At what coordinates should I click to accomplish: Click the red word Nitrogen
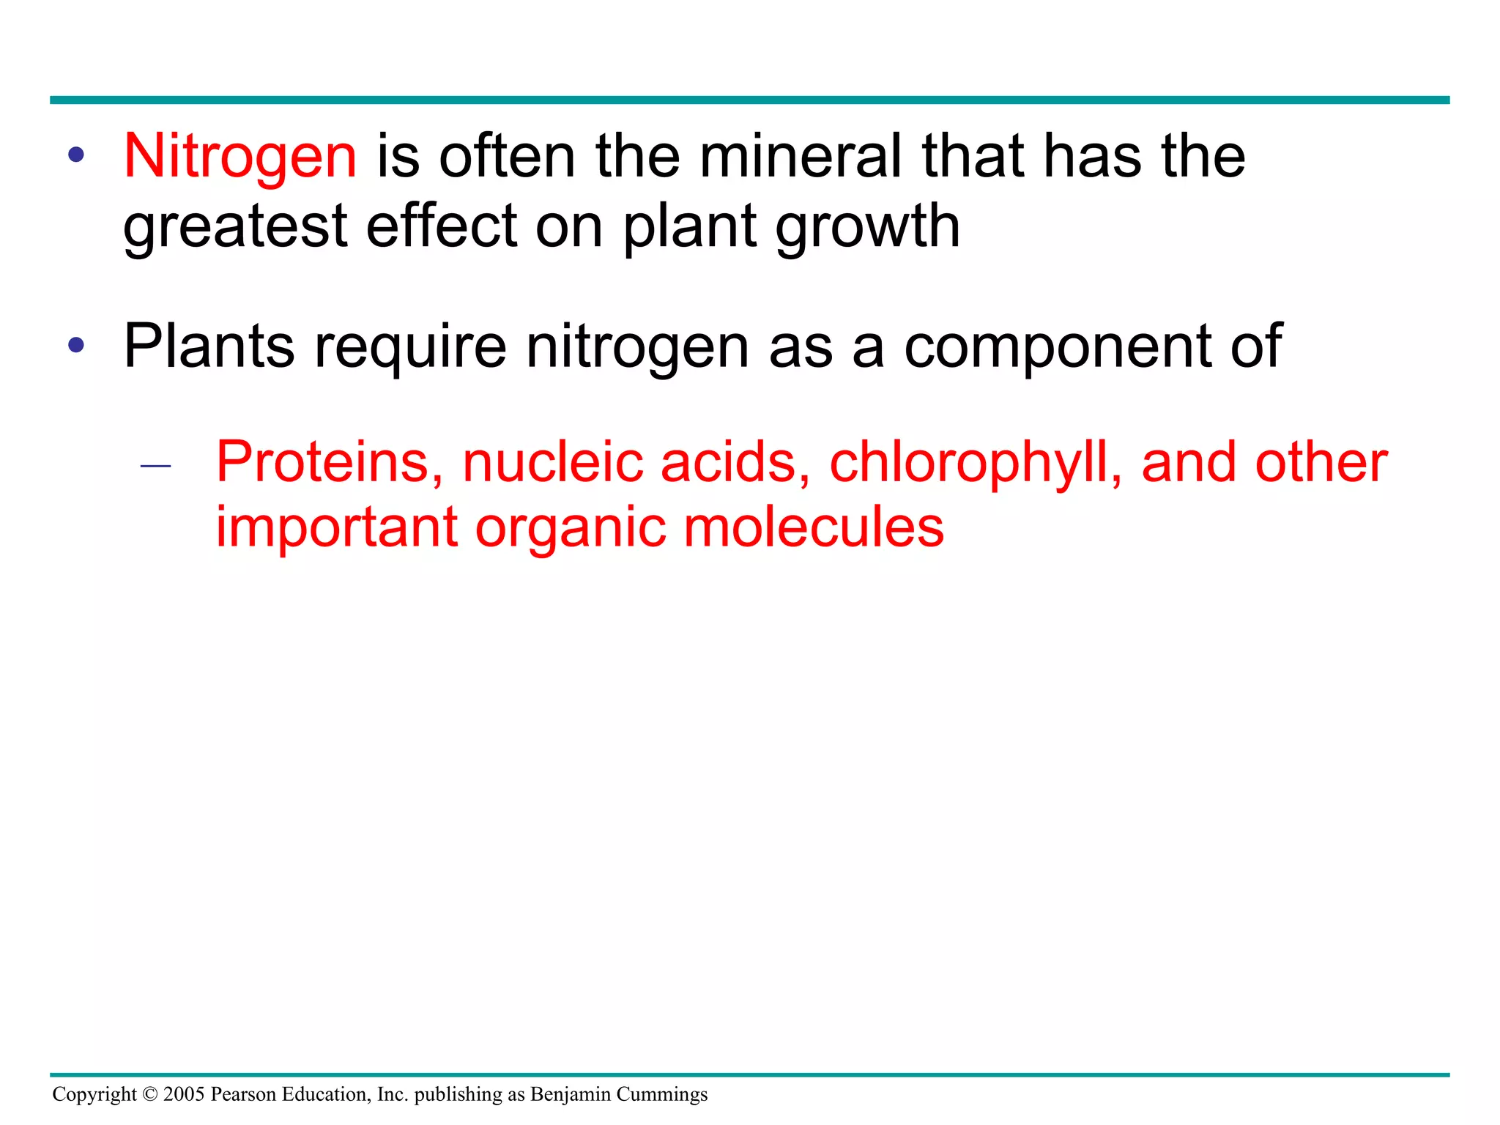pyautogui.click(x=240, y=157)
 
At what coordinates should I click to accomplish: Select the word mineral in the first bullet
pyautogui.click(x=801, y=157)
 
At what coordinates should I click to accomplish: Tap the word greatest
pyautogui.click(x=234, y=227)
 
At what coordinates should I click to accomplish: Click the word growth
pyautogui.click(x=867, y=227)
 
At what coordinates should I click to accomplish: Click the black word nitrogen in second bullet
pyautogui.click(x=637, y=348)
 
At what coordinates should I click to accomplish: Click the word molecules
pyautogui.click(x=814, y=527)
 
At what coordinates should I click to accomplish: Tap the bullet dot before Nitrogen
pyautogui.click(x=75, y=155)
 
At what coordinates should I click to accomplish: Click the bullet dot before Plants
pyautogui.click(x=75, y=345)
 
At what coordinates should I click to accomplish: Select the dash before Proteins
pyautogui.click(x=155, y=466)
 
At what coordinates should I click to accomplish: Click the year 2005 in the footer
pyautogui.click(x=184, y=1094)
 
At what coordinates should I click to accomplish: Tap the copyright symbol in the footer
pyautogui.click(x=149, y=1094)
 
